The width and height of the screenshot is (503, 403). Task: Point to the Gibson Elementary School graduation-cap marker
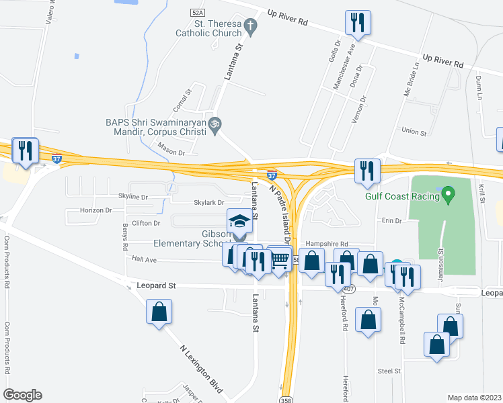[238, 222]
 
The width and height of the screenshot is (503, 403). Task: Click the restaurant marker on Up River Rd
[357, 23]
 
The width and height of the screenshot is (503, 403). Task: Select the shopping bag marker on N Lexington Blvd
[159, 312]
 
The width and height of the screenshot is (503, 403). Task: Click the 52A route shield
[197, 12]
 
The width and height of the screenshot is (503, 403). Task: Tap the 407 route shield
[347, 289]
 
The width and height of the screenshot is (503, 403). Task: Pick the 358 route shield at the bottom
[287, 398]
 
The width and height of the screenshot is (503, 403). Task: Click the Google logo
[22, 395]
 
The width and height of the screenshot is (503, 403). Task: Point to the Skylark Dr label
[208, 201]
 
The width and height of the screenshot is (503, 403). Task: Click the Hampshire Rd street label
[326, 244]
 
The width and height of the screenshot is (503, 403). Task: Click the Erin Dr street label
[391, 220]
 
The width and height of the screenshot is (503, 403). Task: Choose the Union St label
[414, 132]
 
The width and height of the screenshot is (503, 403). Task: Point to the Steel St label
[389, 371]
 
